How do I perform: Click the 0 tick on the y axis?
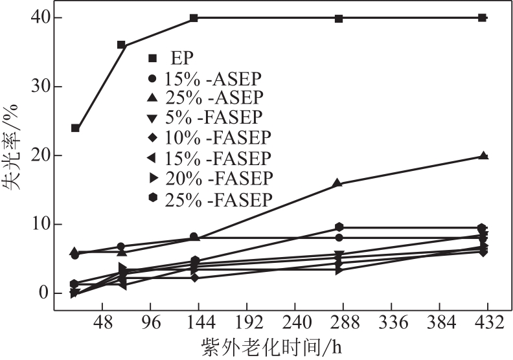click(x=42, y=293)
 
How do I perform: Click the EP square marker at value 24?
click(x=75, y=128)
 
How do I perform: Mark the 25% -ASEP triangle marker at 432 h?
click(x=483, y=155)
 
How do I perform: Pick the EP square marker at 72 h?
click(x=121, y=45)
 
